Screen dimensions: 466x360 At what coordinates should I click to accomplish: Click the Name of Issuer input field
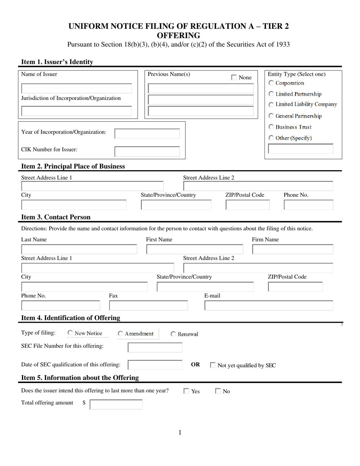click(x=77, y=88)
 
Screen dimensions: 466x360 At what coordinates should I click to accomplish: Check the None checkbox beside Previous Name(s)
click(x=234, y=78)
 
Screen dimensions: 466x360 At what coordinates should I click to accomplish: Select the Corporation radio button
click(x=271, y=83)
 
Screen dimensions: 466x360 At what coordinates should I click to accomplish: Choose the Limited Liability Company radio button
click(x=271, y=105)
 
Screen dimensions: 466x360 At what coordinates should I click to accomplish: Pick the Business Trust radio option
click(x=271, y=127)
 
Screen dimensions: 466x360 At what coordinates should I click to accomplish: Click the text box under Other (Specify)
click(x=301, y=149)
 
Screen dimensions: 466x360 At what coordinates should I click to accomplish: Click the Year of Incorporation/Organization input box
click(x=147, y=134)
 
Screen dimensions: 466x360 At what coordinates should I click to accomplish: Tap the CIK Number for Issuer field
click(x=147, y=152)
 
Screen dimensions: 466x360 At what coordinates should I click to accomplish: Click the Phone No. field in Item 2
click(x=308, y=205)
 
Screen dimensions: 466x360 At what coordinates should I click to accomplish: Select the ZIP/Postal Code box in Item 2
click(x=247, y=205)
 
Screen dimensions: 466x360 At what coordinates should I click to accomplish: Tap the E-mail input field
click(x=269, y=306)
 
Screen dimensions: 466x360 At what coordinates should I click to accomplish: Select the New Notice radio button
click(x=70, y=333)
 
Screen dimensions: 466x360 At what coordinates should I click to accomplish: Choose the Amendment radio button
click(x=120, y=334)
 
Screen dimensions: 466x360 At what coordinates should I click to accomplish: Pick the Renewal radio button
click(x=173, y=334)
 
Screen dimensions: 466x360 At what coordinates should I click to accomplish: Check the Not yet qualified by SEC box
click(x=213, y=366)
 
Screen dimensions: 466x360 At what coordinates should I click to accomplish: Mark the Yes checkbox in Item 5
click(x=186, y=391)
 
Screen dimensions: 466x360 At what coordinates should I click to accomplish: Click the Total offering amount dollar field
click(x=116, y=405)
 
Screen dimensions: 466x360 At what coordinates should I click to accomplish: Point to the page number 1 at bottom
click(x=180, y=433)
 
